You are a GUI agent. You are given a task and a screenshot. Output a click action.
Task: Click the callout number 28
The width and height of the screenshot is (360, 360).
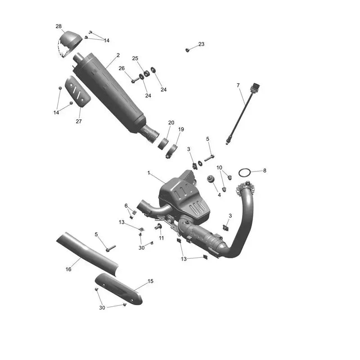click(58, 27)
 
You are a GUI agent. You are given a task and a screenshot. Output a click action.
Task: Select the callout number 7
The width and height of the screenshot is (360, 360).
click(238, 85)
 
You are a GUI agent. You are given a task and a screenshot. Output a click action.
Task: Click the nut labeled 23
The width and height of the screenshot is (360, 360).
click(187, 50)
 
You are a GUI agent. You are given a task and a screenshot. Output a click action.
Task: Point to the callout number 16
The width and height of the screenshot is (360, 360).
click(68, 269)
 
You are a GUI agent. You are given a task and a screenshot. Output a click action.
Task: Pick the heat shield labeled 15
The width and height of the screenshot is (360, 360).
click(118, 288)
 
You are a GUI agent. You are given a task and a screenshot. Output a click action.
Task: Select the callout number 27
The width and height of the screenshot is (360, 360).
click(79, 121)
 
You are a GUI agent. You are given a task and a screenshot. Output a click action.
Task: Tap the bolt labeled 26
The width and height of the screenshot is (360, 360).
click(136, 80)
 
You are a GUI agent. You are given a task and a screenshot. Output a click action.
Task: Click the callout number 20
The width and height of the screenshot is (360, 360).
click(171, 122)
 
